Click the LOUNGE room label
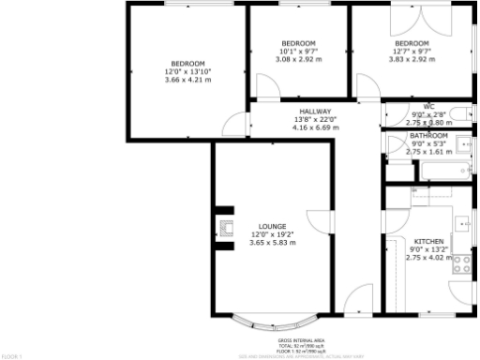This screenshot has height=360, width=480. click(x=272, y=226)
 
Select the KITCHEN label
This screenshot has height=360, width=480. click(x=427, y=240)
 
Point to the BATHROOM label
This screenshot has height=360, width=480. click(x=428, y=136)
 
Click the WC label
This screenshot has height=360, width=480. click(x=428, y=107)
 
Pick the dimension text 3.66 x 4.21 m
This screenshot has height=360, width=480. click(x=187, y=80)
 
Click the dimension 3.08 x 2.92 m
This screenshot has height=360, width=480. click(x=298, y=59)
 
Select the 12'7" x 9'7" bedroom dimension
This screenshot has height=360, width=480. click(x=411, y=52)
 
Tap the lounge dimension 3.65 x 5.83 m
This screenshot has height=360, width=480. click(x=272, y=243)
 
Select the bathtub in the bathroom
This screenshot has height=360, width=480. click(x=445, y=172)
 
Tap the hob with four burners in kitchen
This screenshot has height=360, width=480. click(x=462, y=262)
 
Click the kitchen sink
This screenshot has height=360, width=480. click(x=462, y=224)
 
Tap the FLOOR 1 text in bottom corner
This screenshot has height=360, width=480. click(x=11, y=356)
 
